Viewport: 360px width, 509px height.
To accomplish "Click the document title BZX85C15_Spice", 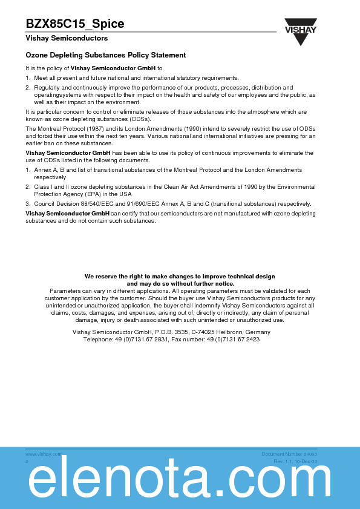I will [x=75, y=24].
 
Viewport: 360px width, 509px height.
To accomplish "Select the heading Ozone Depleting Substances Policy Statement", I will [x=105, y=55].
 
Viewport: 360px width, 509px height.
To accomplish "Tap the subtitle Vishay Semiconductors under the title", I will [x=67, y=38].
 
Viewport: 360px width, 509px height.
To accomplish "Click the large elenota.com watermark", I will [x=180, y=482].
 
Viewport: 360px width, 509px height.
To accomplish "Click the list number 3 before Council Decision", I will [x=27, y=204].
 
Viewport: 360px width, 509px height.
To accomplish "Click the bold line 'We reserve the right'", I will [x=180, y=276].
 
